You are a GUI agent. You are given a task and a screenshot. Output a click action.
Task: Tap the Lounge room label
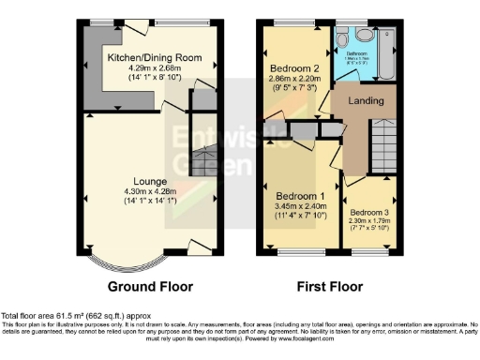pyautogui.click(x=150, y=181)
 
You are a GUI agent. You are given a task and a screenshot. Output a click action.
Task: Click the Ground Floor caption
pyautogui.click(x=150, y=286)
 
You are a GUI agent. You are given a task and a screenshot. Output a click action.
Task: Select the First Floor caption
pyautogui.click(x=331, y=286)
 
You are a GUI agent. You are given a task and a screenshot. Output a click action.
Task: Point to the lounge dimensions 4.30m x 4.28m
pyautogui.click(x=150, y=192)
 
